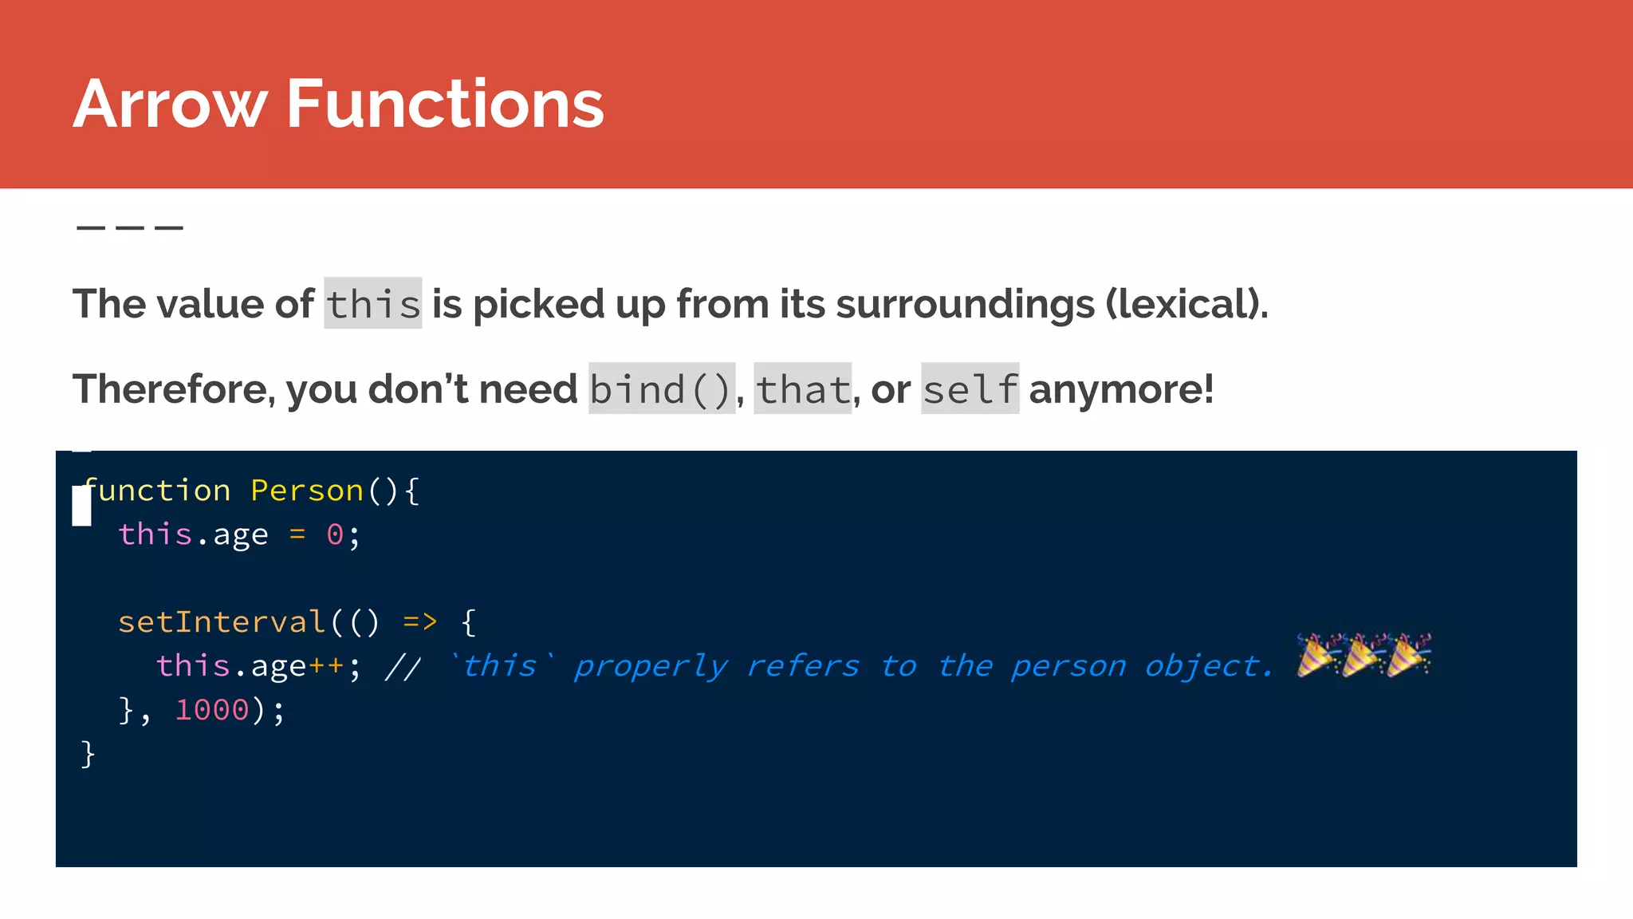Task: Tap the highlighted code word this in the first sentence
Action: click(x=372, y=304)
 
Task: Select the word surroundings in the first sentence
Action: click(x=965, y=305)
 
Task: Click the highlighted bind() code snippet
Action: click(x=661, y=389)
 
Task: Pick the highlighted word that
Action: click(x=802, y=389)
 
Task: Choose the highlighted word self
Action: click(x=970, y=389)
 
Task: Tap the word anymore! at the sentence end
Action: click(x=1121, y=389)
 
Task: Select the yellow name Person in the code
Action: click(x=307, y=491)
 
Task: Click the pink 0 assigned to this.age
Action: click(x=335, y=534)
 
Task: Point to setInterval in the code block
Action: click(x=222, y=622)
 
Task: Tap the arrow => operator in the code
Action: click(x=420, y=622)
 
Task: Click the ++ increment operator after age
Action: click(x=326, y=666)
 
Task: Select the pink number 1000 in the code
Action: click(x=212, y=710)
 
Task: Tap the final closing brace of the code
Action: click(x=88, y=754)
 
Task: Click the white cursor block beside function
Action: click(x=81, y=507)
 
